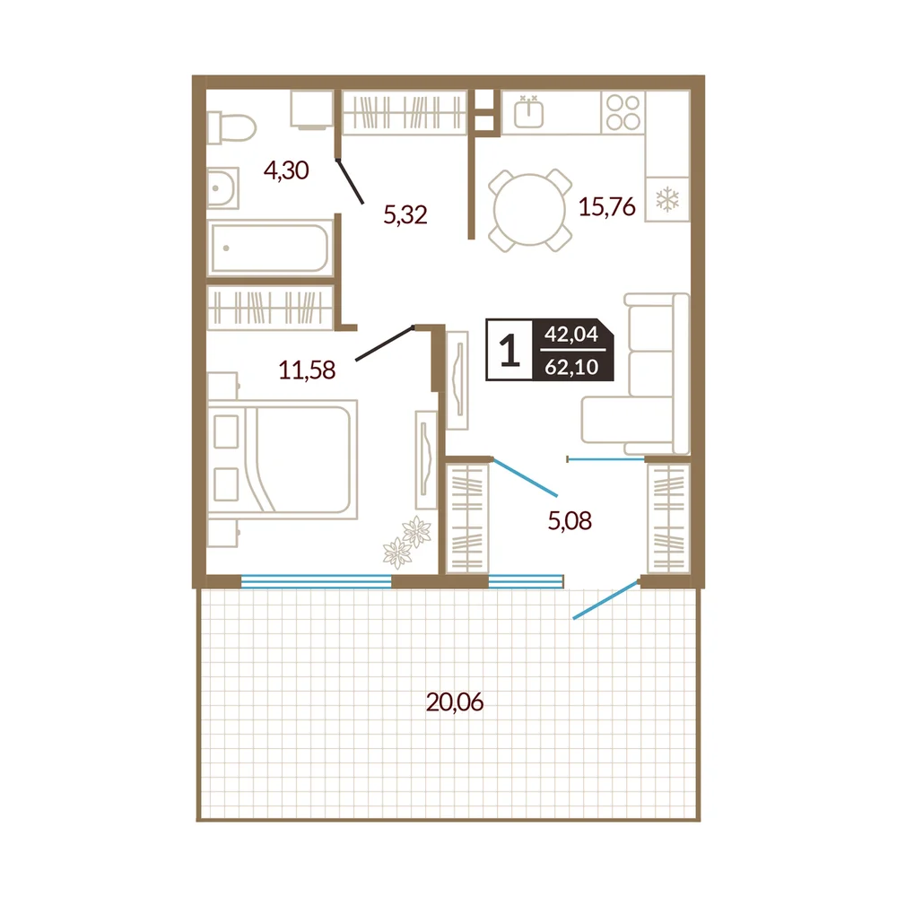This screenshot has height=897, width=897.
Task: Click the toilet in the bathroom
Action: tap(231, 127)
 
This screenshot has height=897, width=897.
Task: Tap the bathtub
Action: tap(270, 248)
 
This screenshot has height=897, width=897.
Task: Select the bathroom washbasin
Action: tap(222, 187)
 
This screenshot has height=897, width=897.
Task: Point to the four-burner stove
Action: tap(623, 112)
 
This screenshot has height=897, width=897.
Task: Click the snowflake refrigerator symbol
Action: tap(667, 200)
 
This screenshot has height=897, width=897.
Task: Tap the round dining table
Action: tap(530, 210)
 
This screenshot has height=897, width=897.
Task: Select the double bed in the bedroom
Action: tap(283, 459)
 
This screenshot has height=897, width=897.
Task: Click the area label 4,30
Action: tap(286, 170)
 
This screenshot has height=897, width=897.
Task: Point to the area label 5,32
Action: tap(405, 215)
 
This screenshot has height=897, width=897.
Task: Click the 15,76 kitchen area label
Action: tap(607, 206)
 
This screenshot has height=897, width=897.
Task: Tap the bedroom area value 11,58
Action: tap(307, 370)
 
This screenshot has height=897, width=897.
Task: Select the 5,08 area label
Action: tap(570, 520)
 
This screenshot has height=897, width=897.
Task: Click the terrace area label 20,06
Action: tap(455, 702)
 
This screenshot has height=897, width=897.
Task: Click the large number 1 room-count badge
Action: tap(509, 350)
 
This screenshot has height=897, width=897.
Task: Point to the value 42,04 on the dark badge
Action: tap(570, 334)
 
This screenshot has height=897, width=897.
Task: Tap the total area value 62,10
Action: tap(571, 367)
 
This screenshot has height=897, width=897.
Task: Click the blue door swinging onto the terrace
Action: tap(605, 600)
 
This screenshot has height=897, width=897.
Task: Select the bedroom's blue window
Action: tap(317, 581)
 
